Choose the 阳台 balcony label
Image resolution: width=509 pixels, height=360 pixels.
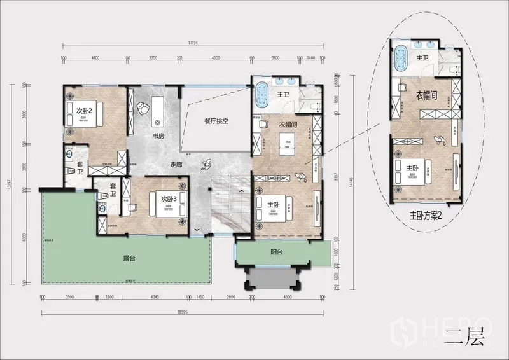coord(275,251)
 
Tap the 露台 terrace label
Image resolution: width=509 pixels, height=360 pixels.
coord(132,260)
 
